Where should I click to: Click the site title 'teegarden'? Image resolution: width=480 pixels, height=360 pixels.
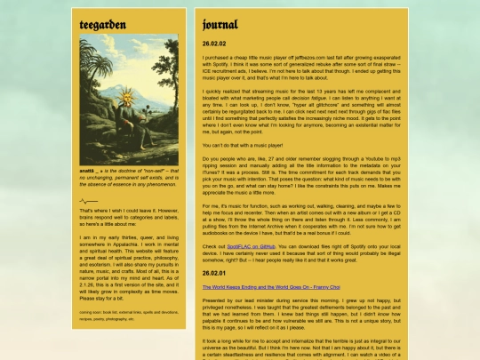102,24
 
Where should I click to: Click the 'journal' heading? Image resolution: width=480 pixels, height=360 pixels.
220,24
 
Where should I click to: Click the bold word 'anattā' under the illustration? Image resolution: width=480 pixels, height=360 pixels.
88,170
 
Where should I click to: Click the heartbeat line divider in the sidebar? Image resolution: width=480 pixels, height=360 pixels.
88,201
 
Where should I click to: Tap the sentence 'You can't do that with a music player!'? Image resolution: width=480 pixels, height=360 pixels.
242,144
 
